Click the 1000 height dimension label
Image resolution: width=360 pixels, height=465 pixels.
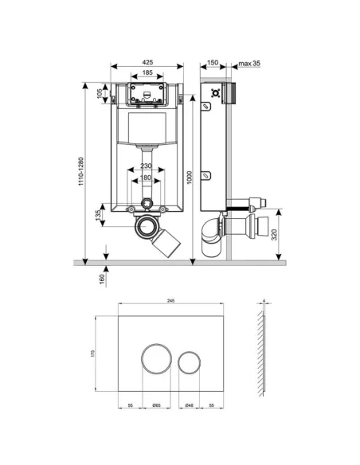(190, 180)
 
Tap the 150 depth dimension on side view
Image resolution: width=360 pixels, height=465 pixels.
(213, 63)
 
